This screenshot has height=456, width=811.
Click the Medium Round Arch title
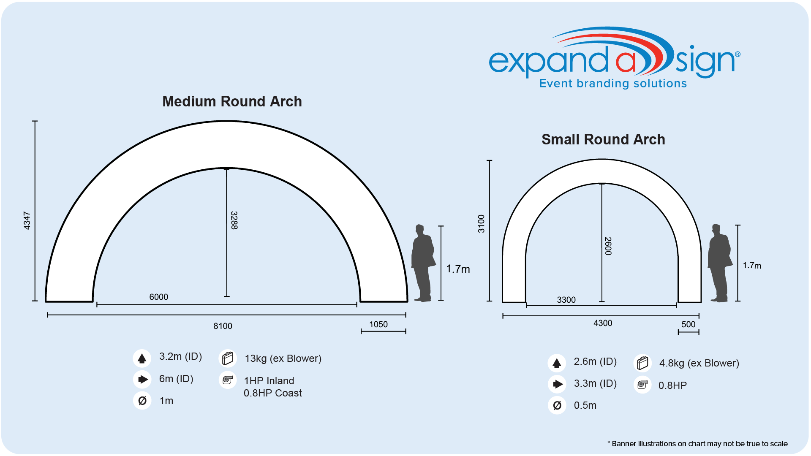point(232,101)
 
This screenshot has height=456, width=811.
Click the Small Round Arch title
point(603,139)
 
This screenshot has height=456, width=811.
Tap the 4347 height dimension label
point(27,221)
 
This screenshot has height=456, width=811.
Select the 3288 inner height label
point(234,220)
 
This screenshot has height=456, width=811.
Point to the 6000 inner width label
point(159,297)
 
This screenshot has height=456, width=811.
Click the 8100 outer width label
point(223,326)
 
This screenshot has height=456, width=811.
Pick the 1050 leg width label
point(378,324)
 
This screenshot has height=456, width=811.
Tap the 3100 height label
point(481,224)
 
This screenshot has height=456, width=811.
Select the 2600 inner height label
point(608,246)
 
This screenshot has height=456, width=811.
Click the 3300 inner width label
point(566,300)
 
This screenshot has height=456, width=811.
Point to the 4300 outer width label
point(603,323)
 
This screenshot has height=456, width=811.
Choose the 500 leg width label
point(689,324)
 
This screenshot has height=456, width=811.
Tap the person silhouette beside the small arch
point(720,263)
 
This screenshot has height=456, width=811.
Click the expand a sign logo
point(615,58)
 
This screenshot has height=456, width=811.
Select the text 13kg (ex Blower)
point(283,358)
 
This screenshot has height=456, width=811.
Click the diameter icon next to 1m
point(142,401)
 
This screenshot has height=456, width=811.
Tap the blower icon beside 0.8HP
point(642,385)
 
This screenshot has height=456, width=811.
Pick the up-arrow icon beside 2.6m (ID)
point(557,363)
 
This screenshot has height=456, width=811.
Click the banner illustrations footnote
point(697,444)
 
